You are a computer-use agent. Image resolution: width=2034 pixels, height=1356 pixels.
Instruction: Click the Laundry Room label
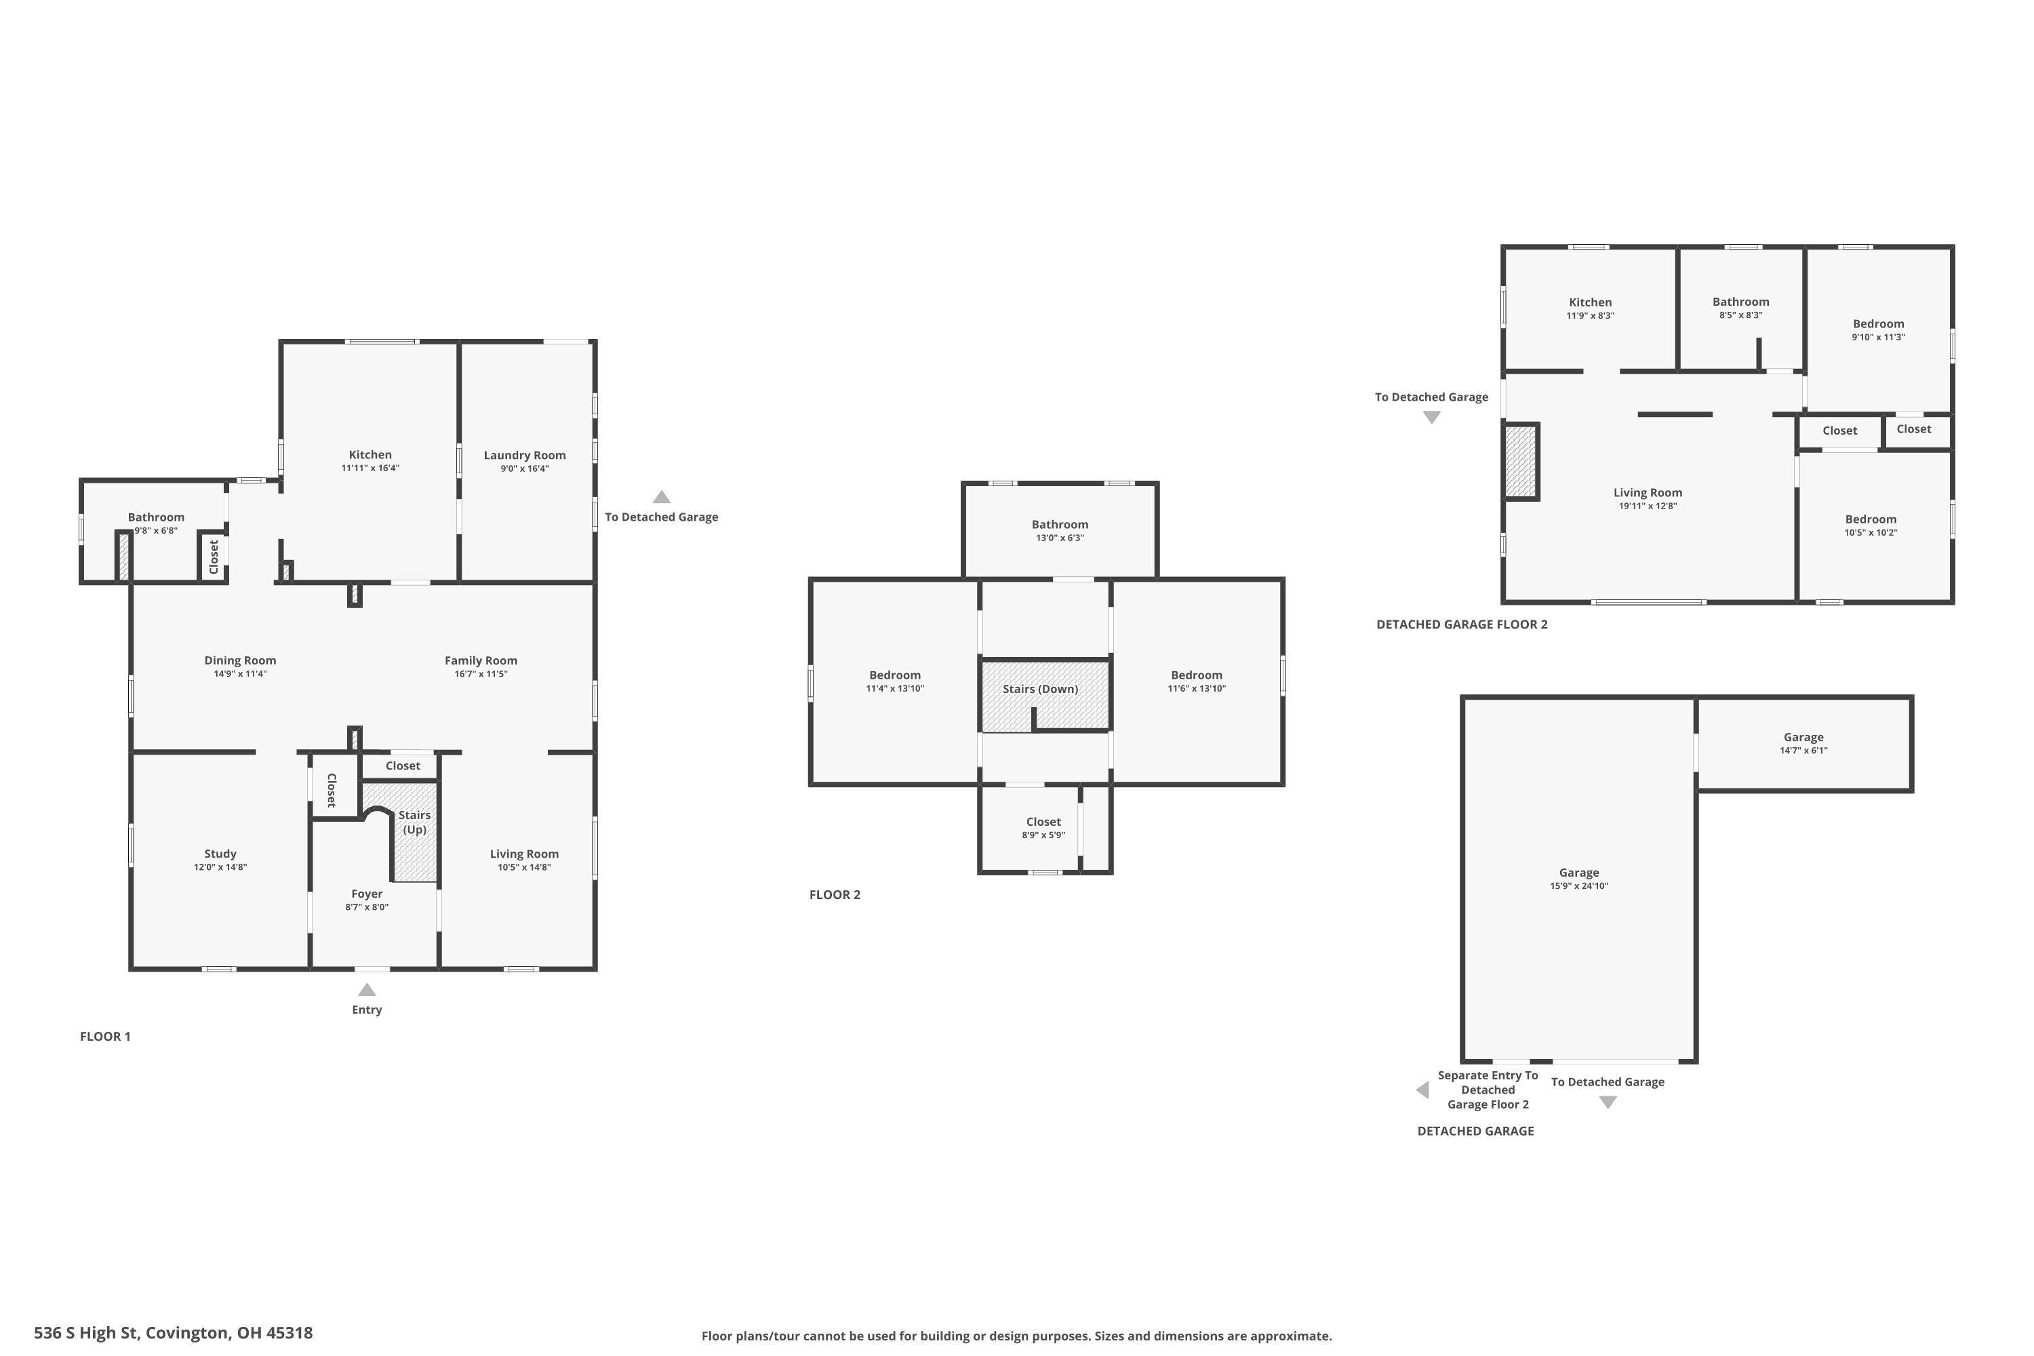(x=524, y=456)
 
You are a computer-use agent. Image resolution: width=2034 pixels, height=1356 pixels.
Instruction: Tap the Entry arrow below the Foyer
(x=367, y=990)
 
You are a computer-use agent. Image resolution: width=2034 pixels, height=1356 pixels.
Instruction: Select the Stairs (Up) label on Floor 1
(x=414, y=822)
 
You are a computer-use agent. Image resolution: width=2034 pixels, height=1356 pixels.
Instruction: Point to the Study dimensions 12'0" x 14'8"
(x=220, y=867)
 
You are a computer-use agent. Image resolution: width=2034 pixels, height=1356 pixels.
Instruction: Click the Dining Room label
(x=241, y=660)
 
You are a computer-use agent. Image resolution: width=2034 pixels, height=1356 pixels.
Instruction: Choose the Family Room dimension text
(x=481, y=674)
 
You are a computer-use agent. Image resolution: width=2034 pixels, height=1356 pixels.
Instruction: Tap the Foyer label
(x=367, y=894)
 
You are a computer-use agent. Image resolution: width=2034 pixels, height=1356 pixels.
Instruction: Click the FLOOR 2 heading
(x=835, y=895)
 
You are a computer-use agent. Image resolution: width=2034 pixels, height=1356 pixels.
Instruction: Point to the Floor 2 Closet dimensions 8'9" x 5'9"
(x=1044, y=835)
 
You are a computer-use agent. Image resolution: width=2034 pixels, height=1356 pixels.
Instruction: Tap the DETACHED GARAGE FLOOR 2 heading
(x=1462, y=624)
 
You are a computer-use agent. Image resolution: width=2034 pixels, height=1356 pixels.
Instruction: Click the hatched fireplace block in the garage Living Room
(x=1521, y=462)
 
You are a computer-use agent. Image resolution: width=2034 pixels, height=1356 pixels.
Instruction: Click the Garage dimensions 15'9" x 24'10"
(x=1579, y=886)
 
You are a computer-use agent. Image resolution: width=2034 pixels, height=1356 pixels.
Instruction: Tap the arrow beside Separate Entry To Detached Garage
(x=1422, y=1090)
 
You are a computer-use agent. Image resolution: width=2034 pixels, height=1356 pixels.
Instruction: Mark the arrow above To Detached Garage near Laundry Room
(x=662, y=497)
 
